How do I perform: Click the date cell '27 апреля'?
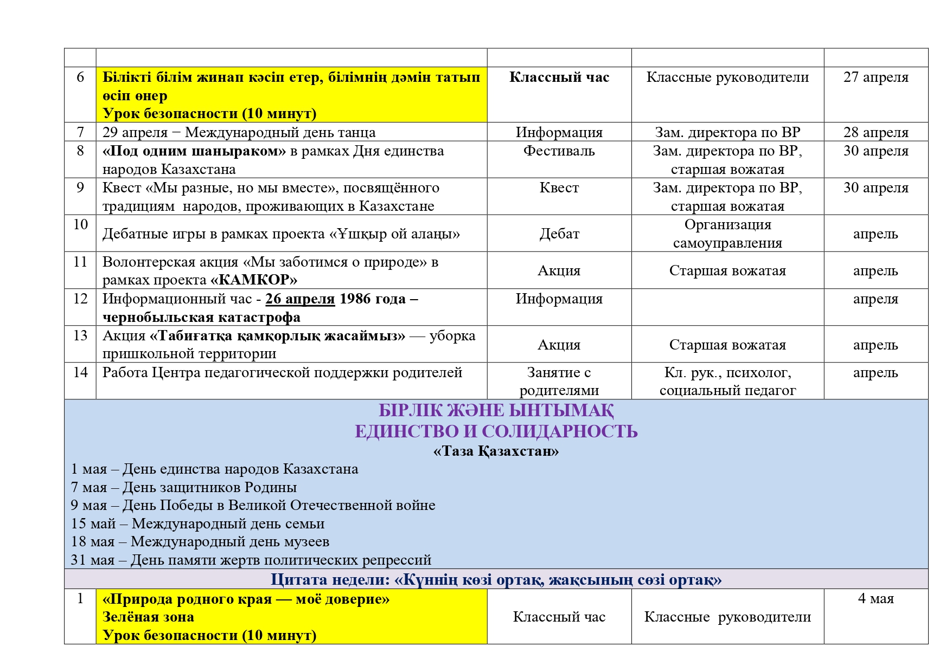pyautogui.click(x=876, y=77)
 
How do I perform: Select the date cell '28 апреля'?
pyautogui.click(x=876, y=132)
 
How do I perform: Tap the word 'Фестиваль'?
pyautogui.click(x=559, y=151)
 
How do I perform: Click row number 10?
pyautogui.click(x=80, y=224)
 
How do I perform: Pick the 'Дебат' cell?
pyautogui.click(x=559, y=234)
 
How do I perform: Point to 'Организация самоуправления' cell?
pyautogui.click(x=727, y=234)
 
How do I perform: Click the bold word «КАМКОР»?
pyautogui.click(x=254, y=280)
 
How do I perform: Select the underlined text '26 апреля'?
pyautogui.click(x=300, y=299)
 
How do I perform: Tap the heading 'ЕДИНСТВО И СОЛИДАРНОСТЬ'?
pyautogui.click(x=496, y=431)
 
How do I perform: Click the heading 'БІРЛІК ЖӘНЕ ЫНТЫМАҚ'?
pyautogui.click(x=496, y=411)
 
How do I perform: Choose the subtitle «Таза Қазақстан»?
pyautogui.click(x=496, y=451)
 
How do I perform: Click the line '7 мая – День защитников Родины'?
pyautogui.click(x=184, y=487)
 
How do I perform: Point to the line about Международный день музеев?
pyautogui.click(x=200, y=541)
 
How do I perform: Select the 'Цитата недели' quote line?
pyautogui.click(x=496, y=580)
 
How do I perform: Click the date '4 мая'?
pyautogui.click(x=876, y=599)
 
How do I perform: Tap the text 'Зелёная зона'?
pyautogui.click(x=148, y=617)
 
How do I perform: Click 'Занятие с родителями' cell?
pyautogui.click(x=559, y=381)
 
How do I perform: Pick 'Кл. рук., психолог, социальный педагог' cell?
pyautogui.click(x=727, y=381)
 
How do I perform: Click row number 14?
pyautogui.click(x=80, y=372)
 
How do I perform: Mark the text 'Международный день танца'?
pyautogui.click(x=280, y=132)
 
